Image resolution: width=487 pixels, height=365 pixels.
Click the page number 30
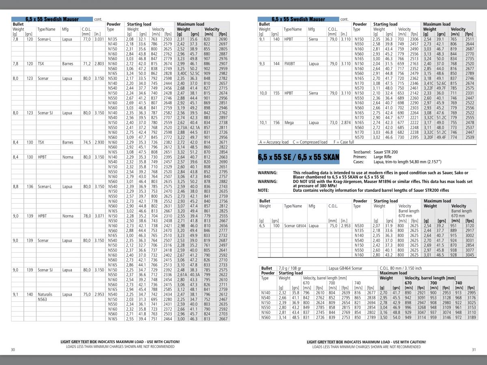pyautogui.click(x=13, y=350)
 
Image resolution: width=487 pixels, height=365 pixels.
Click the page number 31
pyautogui.click(x=473, y=350)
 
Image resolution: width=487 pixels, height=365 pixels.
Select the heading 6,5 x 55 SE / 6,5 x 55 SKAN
pyautogui.click(x=299, y=157)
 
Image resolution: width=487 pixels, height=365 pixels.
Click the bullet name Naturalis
pyautogui.click(x=45, y=294)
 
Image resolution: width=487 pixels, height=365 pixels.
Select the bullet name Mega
pyautogui.click(x=289, y=122)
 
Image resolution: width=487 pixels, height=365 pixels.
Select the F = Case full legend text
pyautogui.click(x=343, y=142)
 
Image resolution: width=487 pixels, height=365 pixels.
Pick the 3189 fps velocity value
pyautogui.click(x=471, y=318)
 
